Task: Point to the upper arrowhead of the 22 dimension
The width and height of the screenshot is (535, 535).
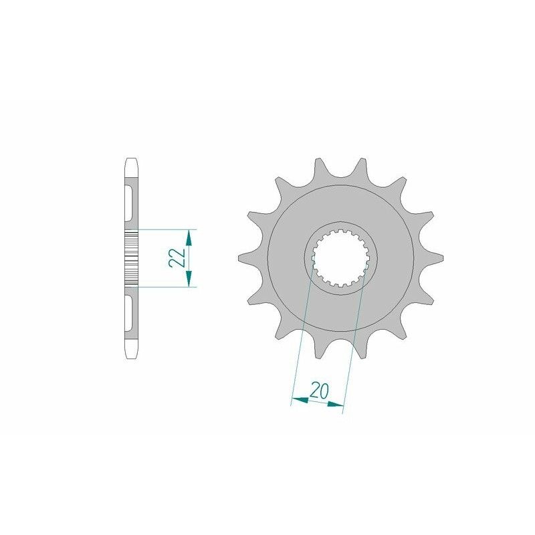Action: point(190,236)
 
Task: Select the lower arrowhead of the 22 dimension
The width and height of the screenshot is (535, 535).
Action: point(190,281)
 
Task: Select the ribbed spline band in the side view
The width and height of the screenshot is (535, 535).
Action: point(130,257)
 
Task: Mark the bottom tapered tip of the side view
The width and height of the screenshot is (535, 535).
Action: point(130,352)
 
